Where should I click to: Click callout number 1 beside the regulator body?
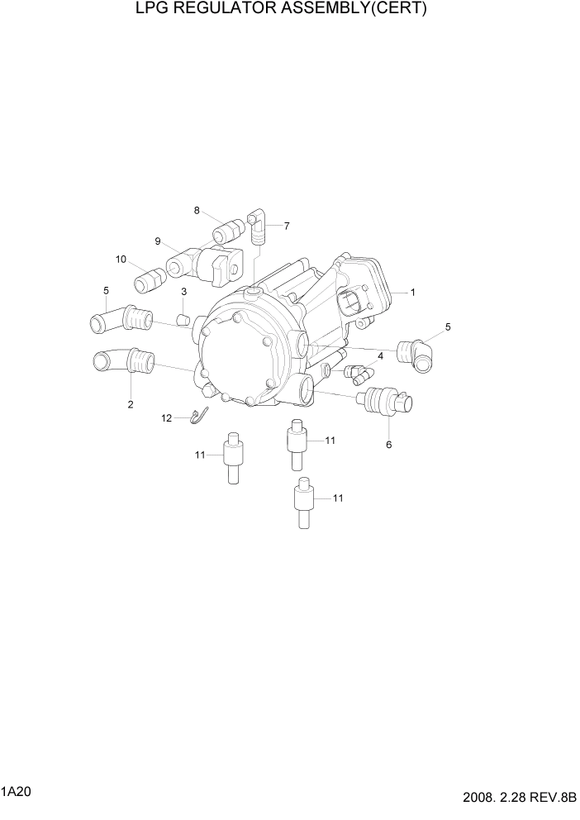pos(412,292)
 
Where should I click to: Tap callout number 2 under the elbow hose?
pos(130,404)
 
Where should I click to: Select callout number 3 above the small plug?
pos(183,292)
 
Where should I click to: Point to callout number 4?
pos(380,356)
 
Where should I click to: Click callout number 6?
pos(388,445)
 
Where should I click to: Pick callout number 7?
pos(287,225)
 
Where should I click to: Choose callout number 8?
pos(197,210)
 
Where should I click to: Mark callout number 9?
pos(157,241)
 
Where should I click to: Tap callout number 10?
pos(121,259)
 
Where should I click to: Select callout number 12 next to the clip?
pos(166,418)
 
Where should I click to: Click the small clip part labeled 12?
pos(197,417)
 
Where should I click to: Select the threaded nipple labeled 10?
pos(149,279)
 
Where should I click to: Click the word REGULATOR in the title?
pos(229,10)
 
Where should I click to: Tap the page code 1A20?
pos(17,791)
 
